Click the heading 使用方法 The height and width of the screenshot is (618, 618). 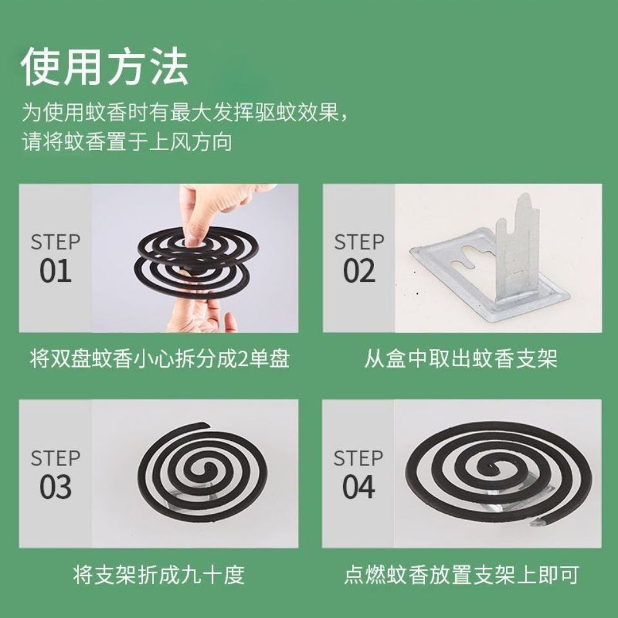pyautogui.click(x=105, y=66)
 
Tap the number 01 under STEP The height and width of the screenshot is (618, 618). pyautogui.click(x=55, y=271)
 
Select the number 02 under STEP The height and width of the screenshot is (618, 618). pyautogui.click(x=359, y=271)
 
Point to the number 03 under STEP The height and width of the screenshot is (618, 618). pyautogui.click(x=55, y=487)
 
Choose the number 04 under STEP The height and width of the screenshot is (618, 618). pyautogui.click(x=359, y=487)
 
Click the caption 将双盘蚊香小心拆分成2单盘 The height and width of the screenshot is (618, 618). pyautogui.click(x=160, y=359)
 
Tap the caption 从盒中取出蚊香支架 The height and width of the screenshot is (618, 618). pyautogui.click(x=461, y=359)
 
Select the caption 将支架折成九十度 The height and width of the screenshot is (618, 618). pyautogui.click(x=159, y=574)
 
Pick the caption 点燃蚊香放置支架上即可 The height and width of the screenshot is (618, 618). pyautogui.click(x=462, y=574)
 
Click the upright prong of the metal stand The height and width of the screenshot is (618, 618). pyautogui.click(x=517, y=245)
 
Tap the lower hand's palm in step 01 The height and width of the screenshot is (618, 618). pyautogui.click(x=197, y=317)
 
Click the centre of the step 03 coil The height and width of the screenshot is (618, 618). pyautogui.click(x=205, y=469)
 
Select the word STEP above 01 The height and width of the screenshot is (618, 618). pyautogui.click(x=55, y=242)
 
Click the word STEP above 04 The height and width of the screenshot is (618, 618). pyautogui.click(x=359, y=458)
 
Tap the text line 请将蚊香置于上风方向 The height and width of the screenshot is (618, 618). pyautogui.click(x=127, y=142)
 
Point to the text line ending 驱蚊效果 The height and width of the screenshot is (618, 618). pyautogui.click(x=185, y=112)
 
